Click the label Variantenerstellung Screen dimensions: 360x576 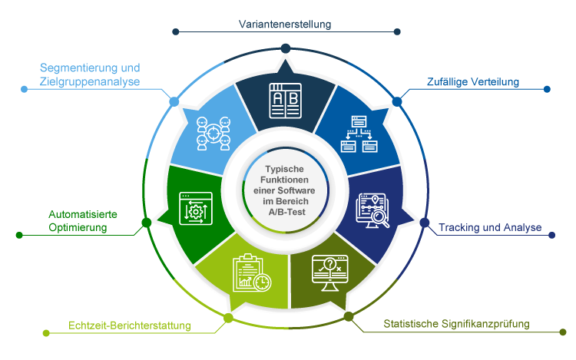coord(285,25)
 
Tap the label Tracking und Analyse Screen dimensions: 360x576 coord(490,228)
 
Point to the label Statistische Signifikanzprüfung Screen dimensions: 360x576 coord(456,324)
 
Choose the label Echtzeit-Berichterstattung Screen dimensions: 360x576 coord(129,325)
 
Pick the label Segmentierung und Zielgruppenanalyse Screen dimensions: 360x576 coord(90,74)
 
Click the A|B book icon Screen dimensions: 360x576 coord(285,100)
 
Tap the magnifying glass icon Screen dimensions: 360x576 coord(374,211)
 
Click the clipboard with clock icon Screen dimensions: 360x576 coord(251,273)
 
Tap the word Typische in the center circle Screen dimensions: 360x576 coord(285,169)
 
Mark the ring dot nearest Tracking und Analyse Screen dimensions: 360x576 coord(425,223)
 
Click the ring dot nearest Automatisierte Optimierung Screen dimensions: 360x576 coord(146,223)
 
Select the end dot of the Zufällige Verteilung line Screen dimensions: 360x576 coord(547,89)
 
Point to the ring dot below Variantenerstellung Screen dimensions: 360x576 coord(285,48)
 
